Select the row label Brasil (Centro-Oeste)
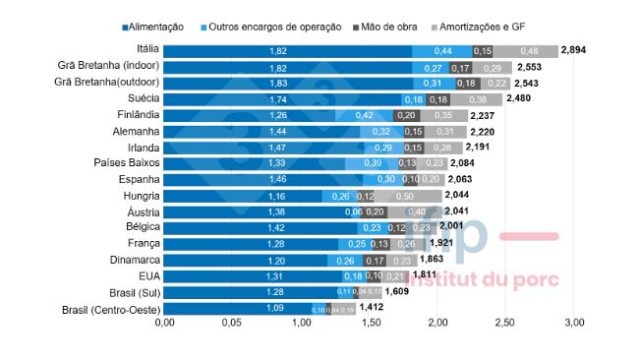pyautogui.click(x=110, y=309)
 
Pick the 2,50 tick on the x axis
pyautogui.click(x=505, y=323)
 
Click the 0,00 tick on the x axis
pyautogui.click(x=164, y=323)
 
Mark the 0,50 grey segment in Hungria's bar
pyautogui.click(x=404, y=195)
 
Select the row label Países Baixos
pyautogui.click(x=126, y=162)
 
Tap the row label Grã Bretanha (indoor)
pyautogui.click(x=109, y=66)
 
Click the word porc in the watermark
pyautogui.click(x=535, y=279)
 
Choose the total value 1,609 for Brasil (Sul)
pyautogui.click(x=397, y=292)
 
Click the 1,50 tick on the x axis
pyautogui.click(x=369, y=323)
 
